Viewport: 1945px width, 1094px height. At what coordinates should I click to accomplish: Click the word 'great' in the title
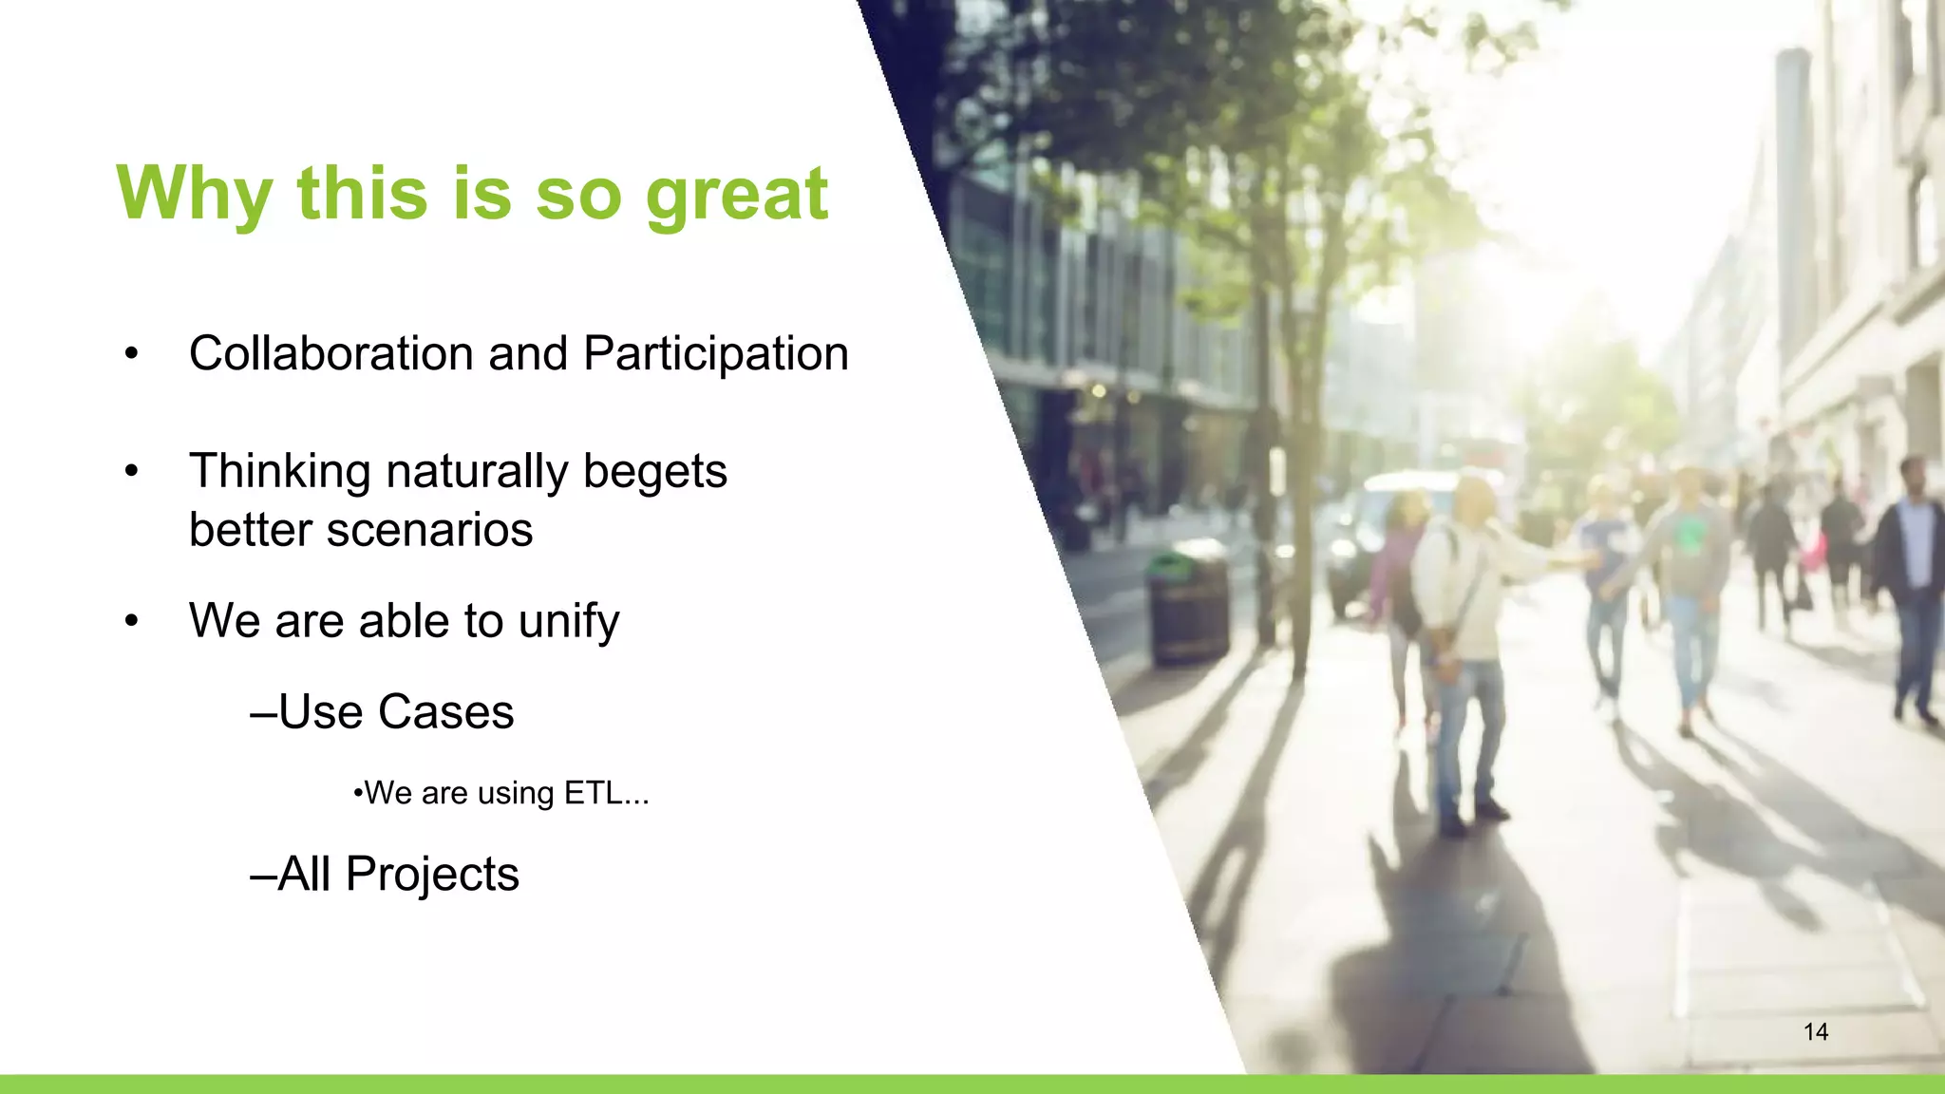pos(736,195)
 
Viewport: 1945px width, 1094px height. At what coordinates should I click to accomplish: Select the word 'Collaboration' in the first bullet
pos(330,353)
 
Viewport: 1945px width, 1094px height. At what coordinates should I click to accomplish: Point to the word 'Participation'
pos(716,355)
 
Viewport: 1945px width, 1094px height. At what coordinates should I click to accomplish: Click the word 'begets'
pos(654,471)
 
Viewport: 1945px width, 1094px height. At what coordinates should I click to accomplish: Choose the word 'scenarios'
pos(429,530)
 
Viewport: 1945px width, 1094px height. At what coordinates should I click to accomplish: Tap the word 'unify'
pos(569,622)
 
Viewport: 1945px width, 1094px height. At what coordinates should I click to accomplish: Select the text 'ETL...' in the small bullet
pos(606,793)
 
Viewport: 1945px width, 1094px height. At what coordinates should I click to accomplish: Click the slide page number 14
pos(1815,1032)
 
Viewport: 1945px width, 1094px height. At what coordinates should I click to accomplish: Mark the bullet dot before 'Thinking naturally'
pos(132,472)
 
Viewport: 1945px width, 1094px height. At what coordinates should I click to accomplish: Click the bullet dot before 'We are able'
pos(132,622)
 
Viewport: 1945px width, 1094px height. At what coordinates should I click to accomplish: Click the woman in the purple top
pos(1394,579)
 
